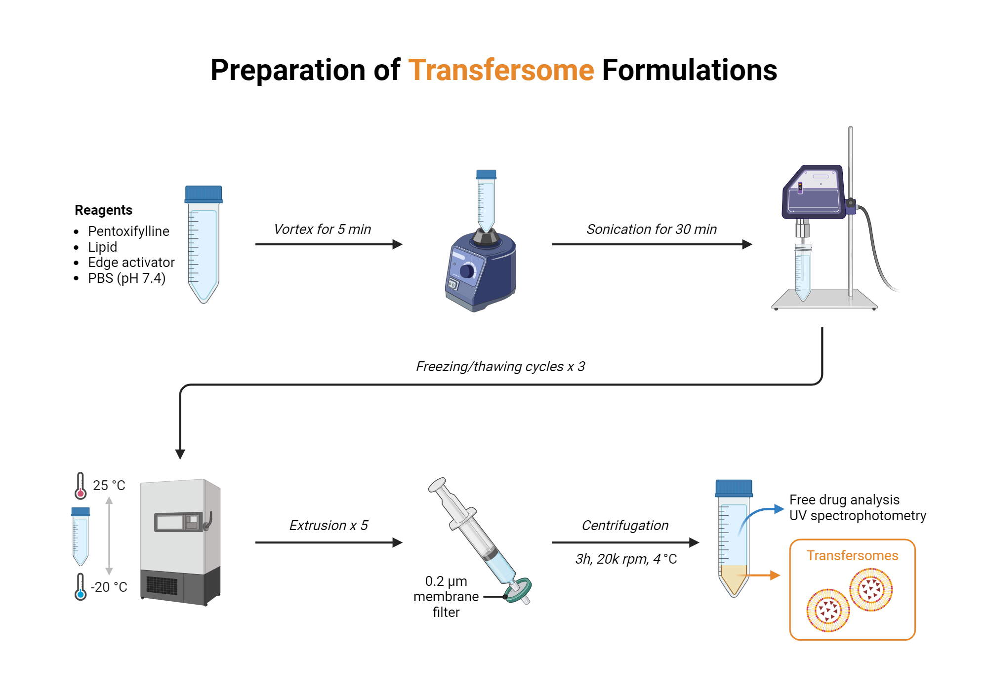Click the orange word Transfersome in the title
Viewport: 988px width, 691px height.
500,70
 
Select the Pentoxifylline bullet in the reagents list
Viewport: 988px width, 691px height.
128,231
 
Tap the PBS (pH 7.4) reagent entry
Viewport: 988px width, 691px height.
126,278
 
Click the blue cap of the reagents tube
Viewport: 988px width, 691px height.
204,194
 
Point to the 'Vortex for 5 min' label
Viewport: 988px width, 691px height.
322,229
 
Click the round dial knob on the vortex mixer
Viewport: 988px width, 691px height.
467,270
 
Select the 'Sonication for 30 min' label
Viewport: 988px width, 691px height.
651,229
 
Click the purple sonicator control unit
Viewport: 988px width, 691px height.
814,192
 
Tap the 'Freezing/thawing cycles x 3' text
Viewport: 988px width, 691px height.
500,366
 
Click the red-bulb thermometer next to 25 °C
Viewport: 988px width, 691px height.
80,486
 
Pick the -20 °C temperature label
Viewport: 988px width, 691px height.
109,587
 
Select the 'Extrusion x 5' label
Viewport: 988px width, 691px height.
329,525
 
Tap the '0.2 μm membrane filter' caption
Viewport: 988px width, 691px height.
446,596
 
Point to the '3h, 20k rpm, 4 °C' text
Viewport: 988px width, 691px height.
625,559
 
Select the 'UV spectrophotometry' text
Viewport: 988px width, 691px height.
857,515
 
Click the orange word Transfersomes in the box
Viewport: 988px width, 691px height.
852,555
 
